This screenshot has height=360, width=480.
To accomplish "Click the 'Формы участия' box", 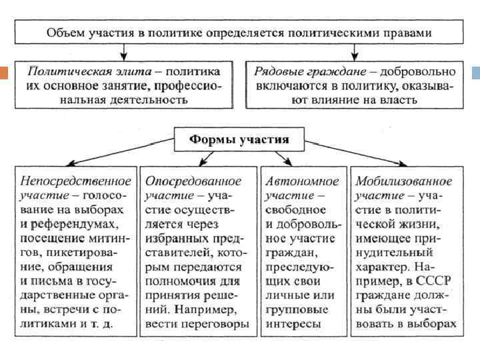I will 239,140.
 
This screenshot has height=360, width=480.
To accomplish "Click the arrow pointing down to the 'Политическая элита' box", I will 123,51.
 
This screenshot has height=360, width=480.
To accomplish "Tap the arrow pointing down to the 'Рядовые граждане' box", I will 354,51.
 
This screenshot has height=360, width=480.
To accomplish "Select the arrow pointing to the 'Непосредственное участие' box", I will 77,161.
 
